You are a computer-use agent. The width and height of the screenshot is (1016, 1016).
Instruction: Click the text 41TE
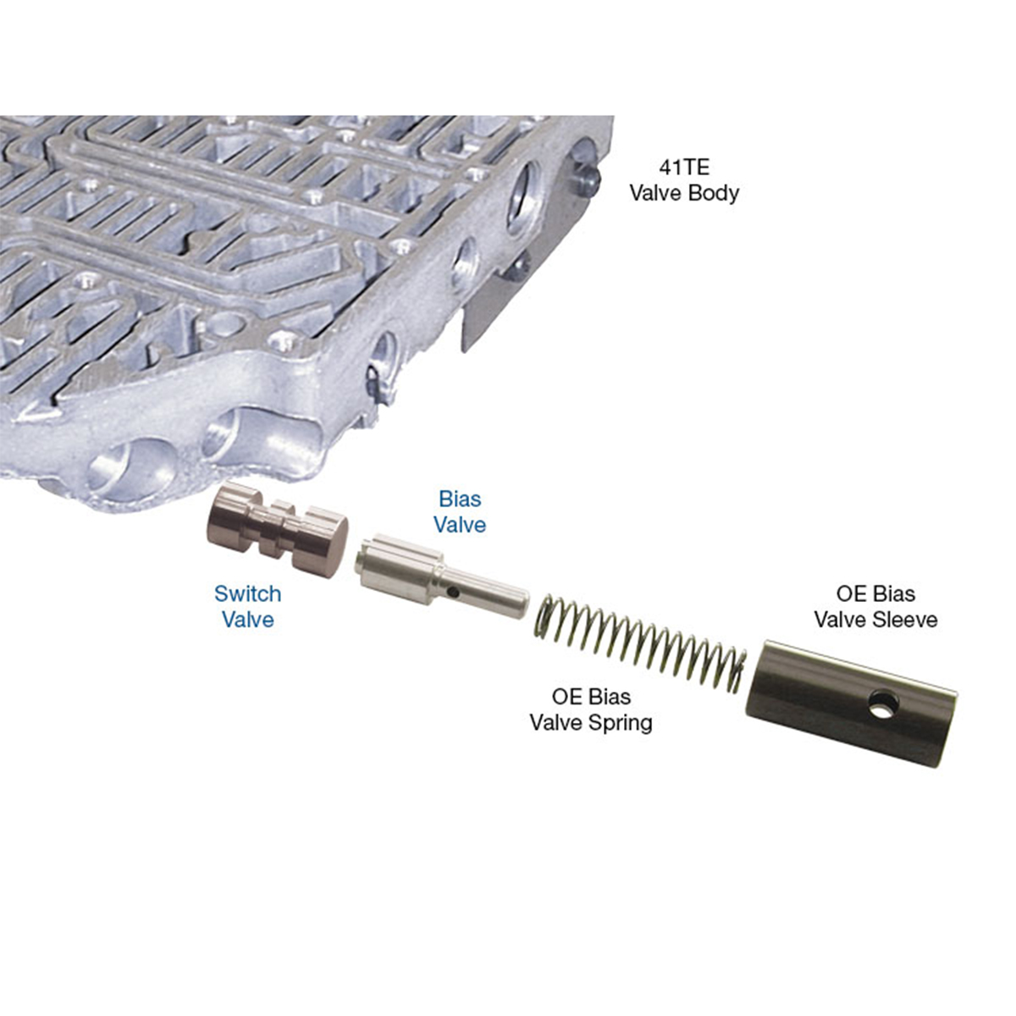(684, 168)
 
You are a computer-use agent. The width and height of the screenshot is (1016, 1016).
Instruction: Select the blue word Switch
(248, 594)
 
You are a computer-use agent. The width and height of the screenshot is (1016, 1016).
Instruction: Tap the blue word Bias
(461, 499)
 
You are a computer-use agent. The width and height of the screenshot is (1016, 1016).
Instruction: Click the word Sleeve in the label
(906, 619)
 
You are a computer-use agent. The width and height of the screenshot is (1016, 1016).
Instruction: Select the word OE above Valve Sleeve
(850, 594)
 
